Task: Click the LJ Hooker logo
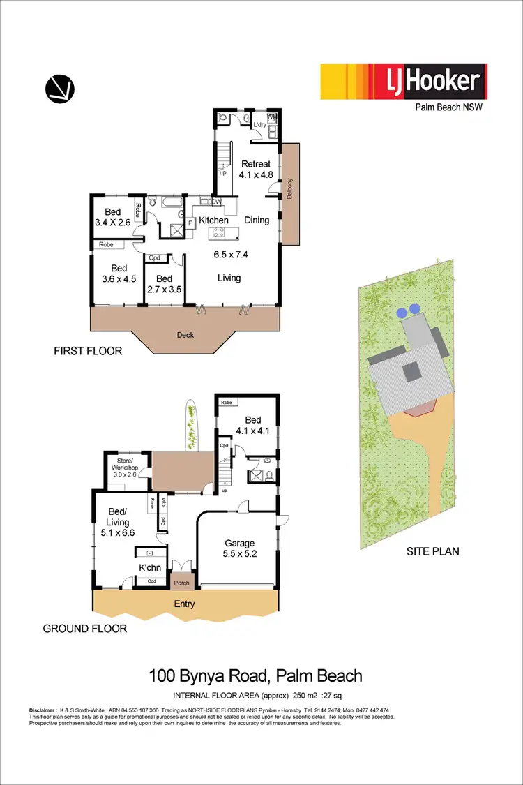pyautogui.click(x=403, y=82)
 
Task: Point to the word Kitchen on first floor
pyautogui.click(x=213, y=220)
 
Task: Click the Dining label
pyautogui.click(x=257, y=220)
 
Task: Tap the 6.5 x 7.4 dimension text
pyautogui.click(x=231, y=254)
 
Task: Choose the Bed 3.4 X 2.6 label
pyautogui.click(x=113, y=218)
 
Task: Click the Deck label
pyautogui.click(x=185, y=335)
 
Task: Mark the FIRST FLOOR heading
pyautogui.click(x=88, y=352)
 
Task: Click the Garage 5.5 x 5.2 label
pyautogui.click(x=238, y=548)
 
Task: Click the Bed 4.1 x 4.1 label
pyautogui.click(x=252, y=426)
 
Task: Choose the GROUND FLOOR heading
pyautogui.click(x=85, y=629)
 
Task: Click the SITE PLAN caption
pyautogui.click(x=433, y=551)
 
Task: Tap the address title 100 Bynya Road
pyautogui.click(x=255, y=675)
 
